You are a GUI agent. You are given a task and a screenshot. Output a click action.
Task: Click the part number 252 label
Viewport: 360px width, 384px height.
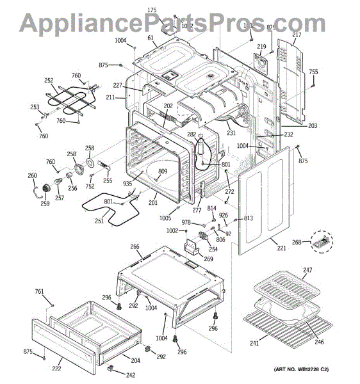click(x=49, y=81)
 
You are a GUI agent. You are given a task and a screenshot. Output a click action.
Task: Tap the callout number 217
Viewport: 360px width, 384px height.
click(x=297, y=35)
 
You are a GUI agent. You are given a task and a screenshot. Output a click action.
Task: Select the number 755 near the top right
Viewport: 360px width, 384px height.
click(x=313, y=72)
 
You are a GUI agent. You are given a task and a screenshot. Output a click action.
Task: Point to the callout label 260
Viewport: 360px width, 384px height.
click(x=32, y=176)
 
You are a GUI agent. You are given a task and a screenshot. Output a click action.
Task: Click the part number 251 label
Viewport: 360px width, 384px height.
click(x=99, y=221)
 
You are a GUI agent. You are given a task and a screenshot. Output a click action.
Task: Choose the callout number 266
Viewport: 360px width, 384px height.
click(x=135, y=247)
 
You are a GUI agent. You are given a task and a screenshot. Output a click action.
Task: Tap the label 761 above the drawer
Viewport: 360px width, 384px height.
click(x=40, y=292)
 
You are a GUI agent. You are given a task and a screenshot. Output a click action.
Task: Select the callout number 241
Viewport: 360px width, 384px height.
click(x=254, y=344)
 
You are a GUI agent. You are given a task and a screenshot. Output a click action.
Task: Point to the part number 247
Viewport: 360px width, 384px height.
click(x=308, y=271)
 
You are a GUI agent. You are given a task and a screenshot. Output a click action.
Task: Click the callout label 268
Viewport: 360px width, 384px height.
click(x=297, y=242)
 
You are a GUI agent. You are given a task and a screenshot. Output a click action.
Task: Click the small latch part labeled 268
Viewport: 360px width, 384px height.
click(x=320, y=241)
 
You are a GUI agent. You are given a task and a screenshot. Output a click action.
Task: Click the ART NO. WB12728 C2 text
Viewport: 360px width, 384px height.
click(x=310, y=370)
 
